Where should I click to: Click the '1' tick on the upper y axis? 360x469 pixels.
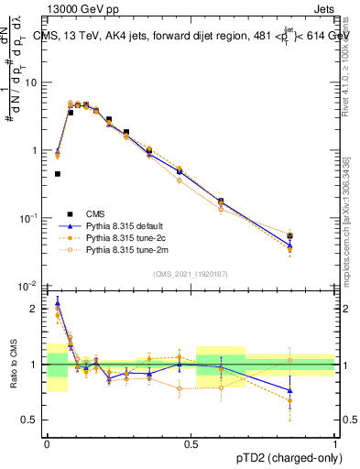[38, 150]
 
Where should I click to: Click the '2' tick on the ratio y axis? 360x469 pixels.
[38, 309]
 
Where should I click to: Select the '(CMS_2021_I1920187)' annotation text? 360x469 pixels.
[190, 275]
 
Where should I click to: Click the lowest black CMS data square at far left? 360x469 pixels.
[58, 173]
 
